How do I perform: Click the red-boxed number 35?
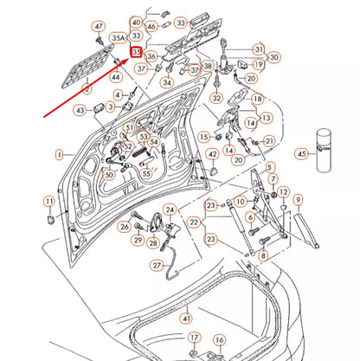136,51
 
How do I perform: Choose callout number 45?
301,153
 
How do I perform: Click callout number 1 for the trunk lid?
60,154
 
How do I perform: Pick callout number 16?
219,341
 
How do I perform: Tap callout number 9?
297,198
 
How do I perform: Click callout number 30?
274,57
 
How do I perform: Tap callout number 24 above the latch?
170,210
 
